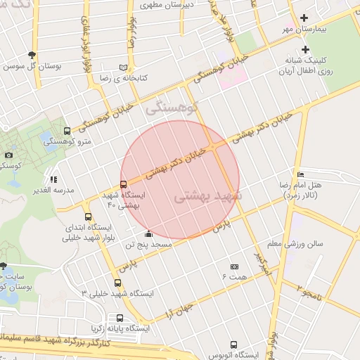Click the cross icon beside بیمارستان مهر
[x=304, y=18]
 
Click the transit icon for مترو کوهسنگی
[x=67, y=131]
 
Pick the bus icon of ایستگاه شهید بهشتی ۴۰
[x=124, y=184]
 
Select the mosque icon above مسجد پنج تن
[x=148, y=234]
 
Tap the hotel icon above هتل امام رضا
[x=301, y=174]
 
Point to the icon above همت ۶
[x=234, y=266]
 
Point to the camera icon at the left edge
[x=8, y=155]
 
